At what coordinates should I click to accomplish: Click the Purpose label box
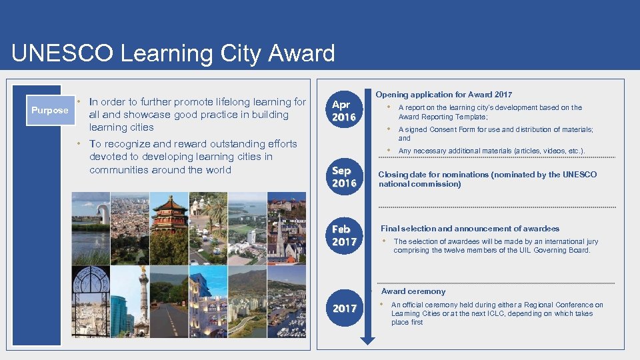(x=49, y=110)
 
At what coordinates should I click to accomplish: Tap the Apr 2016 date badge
(x=344, y=111)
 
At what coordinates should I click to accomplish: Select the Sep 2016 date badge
(x=344, y=177)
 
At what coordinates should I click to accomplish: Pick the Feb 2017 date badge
(x=344, y=235)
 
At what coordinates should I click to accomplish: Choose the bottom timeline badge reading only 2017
(x=344, y=308)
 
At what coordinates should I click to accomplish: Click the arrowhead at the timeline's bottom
(x=367, y=340)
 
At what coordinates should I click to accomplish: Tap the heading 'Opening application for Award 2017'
(x=444, y=95)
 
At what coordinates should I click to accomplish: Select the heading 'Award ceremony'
(x=413, y=291)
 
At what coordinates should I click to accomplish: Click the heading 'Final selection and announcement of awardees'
(x=470, y=229)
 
